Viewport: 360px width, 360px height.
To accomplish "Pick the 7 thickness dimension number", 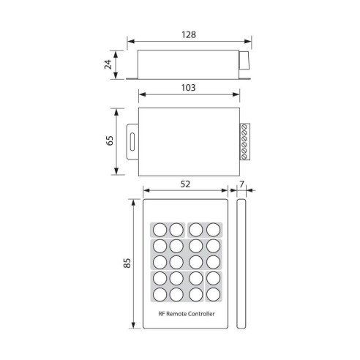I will [x=243, y=186].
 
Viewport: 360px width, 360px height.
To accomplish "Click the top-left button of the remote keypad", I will [x=159, y=229].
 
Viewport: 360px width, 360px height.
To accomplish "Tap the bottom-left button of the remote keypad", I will [x=159, y=294].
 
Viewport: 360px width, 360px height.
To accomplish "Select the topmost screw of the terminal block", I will [x=244, y=129].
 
